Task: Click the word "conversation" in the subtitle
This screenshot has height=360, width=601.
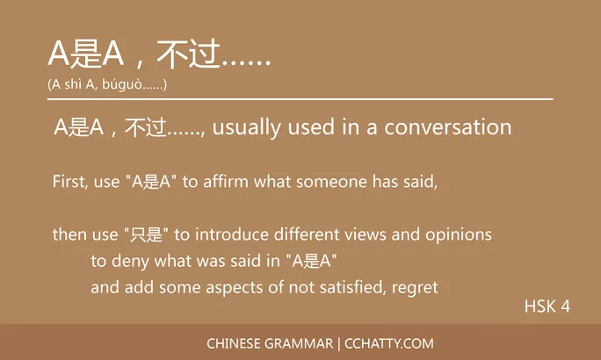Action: (447, 127)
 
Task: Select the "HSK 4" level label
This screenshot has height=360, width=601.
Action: (547, 306)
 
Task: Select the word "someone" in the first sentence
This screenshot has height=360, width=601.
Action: (330, 183)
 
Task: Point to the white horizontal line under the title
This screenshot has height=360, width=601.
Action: (300, 99)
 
